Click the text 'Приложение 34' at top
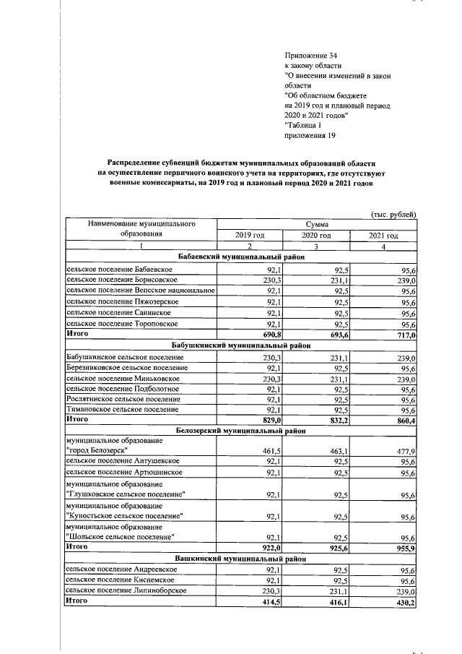tap(311, 55)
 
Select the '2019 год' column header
tap(250, 236)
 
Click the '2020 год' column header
tap(316, 236)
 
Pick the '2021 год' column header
tap(383, 236)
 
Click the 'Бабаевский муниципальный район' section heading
tap(242, 257)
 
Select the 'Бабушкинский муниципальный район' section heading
tap(242, 345)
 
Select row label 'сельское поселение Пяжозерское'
tap(112, 301)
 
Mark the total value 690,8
tap(269, 335)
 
